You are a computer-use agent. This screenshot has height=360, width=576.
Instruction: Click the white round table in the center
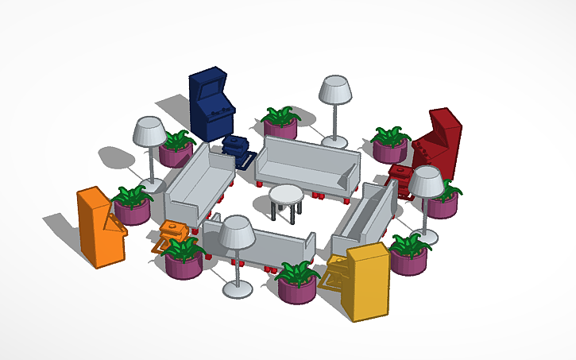[286, 195]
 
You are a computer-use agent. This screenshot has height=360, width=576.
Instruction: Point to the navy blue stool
[237, 148]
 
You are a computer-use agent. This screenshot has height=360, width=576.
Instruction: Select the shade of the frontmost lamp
[236, 231]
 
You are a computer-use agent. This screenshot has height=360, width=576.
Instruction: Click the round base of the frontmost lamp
[238, 289]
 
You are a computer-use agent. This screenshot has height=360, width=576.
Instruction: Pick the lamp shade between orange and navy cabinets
[149, 131]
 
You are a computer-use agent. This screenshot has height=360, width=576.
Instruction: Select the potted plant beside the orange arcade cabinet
[133, 205]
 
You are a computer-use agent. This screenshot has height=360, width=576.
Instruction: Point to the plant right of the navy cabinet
[280, 122]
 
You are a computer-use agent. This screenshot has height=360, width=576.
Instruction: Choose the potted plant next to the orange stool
[184, 258]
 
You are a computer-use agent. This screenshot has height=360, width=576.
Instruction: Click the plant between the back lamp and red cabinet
[390, 143]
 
